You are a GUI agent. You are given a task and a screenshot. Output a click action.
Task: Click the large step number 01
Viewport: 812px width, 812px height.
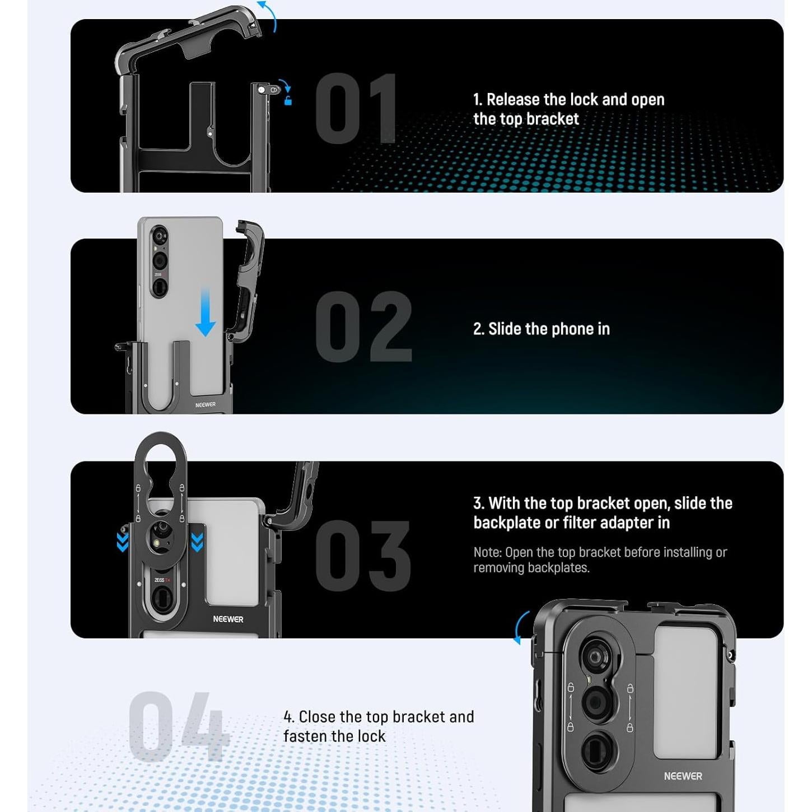(x=356, y=108)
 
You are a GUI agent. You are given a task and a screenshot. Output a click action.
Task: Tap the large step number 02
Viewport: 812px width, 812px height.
(x=364, y=326)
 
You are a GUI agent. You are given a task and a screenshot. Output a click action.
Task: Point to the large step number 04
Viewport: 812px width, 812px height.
(x=178, y=726)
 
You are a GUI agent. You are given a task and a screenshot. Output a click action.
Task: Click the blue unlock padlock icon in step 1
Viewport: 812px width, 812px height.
(x=288, y=101)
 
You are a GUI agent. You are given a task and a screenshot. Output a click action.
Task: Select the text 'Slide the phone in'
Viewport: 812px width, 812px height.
(x=549, y=329)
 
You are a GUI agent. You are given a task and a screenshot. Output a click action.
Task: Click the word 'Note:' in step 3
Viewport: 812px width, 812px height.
(x=488, y=552)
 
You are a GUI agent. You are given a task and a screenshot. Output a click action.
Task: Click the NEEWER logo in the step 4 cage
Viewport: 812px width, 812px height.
(x=683, y=776)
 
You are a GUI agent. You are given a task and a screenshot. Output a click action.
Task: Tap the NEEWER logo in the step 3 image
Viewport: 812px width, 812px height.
(x=228, y=619)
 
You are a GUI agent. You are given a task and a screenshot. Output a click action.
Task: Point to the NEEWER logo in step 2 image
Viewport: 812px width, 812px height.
(x=206, y=404)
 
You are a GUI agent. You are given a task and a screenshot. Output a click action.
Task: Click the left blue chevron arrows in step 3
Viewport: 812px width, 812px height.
(x=123, y=542)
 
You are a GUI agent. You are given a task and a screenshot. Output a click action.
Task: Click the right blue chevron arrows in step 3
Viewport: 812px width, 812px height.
(x=197, y=542)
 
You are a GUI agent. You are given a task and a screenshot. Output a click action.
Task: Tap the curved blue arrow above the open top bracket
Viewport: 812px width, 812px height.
(x=269, y=15)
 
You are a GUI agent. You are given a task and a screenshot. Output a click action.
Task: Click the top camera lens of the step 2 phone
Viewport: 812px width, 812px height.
(x=160, y=234)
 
